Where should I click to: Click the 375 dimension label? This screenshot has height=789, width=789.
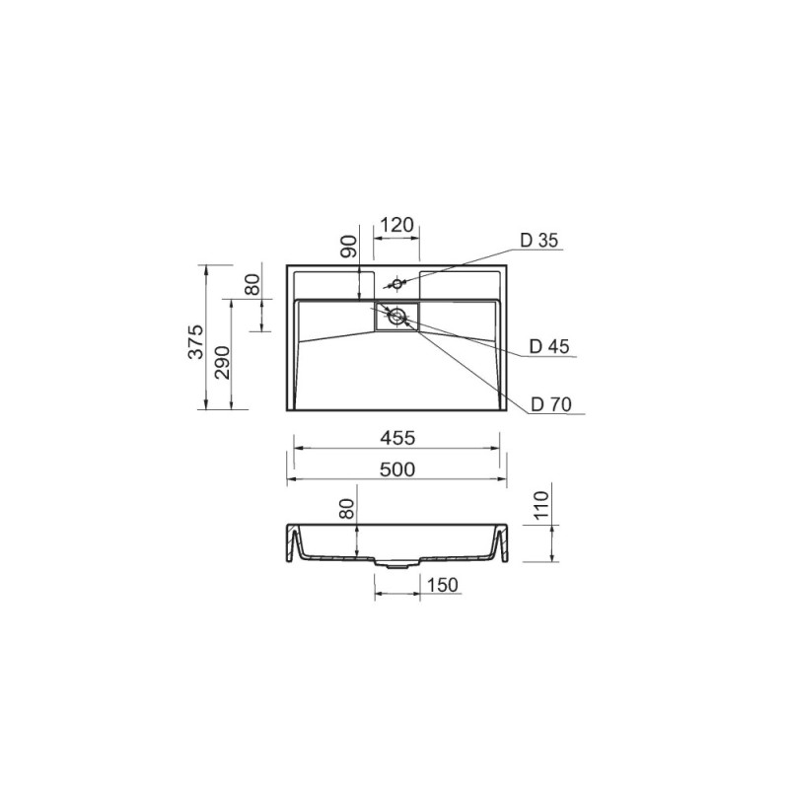click(x=195, y=341)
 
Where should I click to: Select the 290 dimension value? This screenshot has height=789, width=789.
click(x=222, y=362)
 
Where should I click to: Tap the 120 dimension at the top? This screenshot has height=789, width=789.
click(x=396, y=225)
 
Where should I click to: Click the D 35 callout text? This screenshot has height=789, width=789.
click(x=539, y=241)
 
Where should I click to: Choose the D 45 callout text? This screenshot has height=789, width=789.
click(x=549, y=346)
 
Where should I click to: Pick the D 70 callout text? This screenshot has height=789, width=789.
click(x=551, y=404)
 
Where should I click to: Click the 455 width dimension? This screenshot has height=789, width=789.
click(x=397, y=438)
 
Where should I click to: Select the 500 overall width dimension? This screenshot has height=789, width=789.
click(x=397, y=469)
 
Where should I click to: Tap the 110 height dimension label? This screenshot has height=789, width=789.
click(x=539, y=506)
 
